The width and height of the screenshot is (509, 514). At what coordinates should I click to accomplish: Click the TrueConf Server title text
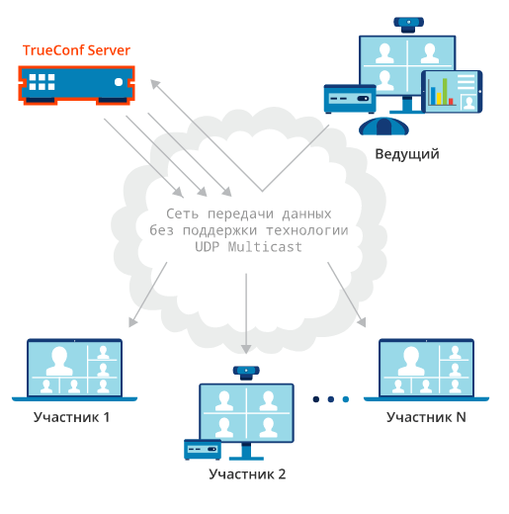tap(76, 50)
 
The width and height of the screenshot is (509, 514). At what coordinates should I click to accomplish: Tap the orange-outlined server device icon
tap(76, 85)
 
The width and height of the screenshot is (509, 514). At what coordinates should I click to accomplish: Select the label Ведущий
tap(407, 154)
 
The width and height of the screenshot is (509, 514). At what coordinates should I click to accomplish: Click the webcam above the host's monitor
tap(408, 25)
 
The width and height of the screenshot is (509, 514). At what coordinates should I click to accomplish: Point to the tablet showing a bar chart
tap(452, 92)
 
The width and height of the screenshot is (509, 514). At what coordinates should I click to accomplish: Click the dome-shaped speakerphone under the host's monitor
tap(383, 127)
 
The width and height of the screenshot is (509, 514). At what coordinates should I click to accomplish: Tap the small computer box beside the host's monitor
tap(350, 99)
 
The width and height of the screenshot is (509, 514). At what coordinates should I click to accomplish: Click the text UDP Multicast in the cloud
tap(248, 247)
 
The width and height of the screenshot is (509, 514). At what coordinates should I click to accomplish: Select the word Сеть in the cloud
tap(182, 214)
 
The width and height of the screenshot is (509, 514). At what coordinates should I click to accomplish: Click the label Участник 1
tap(71, 417)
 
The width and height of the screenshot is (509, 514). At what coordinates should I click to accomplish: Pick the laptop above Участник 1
tap(74, 370)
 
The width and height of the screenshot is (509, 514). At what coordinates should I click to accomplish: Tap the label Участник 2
tap(247, 474)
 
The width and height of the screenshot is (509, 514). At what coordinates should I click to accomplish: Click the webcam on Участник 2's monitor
tap(246, 373)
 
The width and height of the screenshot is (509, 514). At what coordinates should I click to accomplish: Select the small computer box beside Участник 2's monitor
tap(203, 450)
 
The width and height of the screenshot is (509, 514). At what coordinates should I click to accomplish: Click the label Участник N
tap(426, 417)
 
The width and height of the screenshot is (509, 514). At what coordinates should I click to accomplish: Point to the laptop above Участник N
tap(426, 370)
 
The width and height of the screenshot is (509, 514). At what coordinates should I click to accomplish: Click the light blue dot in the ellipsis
tap(346, 399)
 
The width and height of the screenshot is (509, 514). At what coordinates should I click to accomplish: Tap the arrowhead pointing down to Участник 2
tap(246, 349)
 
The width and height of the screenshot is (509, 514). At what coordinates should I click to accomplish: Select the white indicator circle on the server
tap(119, 82)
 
